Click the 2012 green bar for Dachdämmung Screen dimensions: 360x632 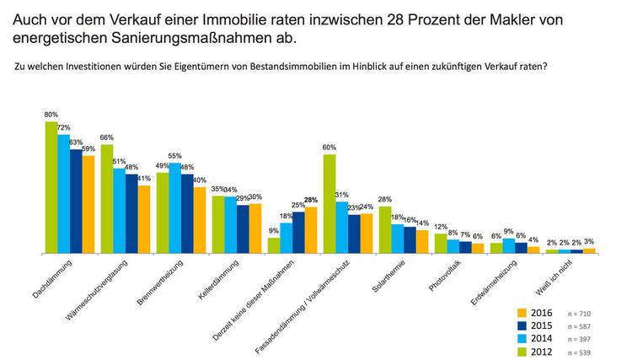pos(51,187)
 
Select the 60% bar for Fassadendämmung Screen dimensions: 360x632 pos(329,203)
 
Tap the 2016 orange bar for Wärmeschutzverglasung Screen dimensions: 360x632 pos(144,218)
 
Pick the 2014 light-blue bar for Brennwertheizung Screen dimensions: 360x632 pos(174,207)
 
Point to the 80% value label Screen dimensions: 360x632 pos(51,115)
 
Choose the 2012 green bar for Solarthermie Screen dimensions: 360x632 pos(385,229)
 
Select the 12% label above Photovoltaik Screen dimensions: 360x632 pos(440,228)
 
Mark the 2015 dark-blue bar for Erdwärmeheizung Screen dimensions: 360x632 pos(521,248)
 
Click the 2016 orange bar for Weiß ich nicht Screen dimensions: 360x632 pos(589,250)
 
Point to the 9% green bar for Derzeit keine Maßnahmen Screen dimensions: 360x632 pos(274,245)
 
